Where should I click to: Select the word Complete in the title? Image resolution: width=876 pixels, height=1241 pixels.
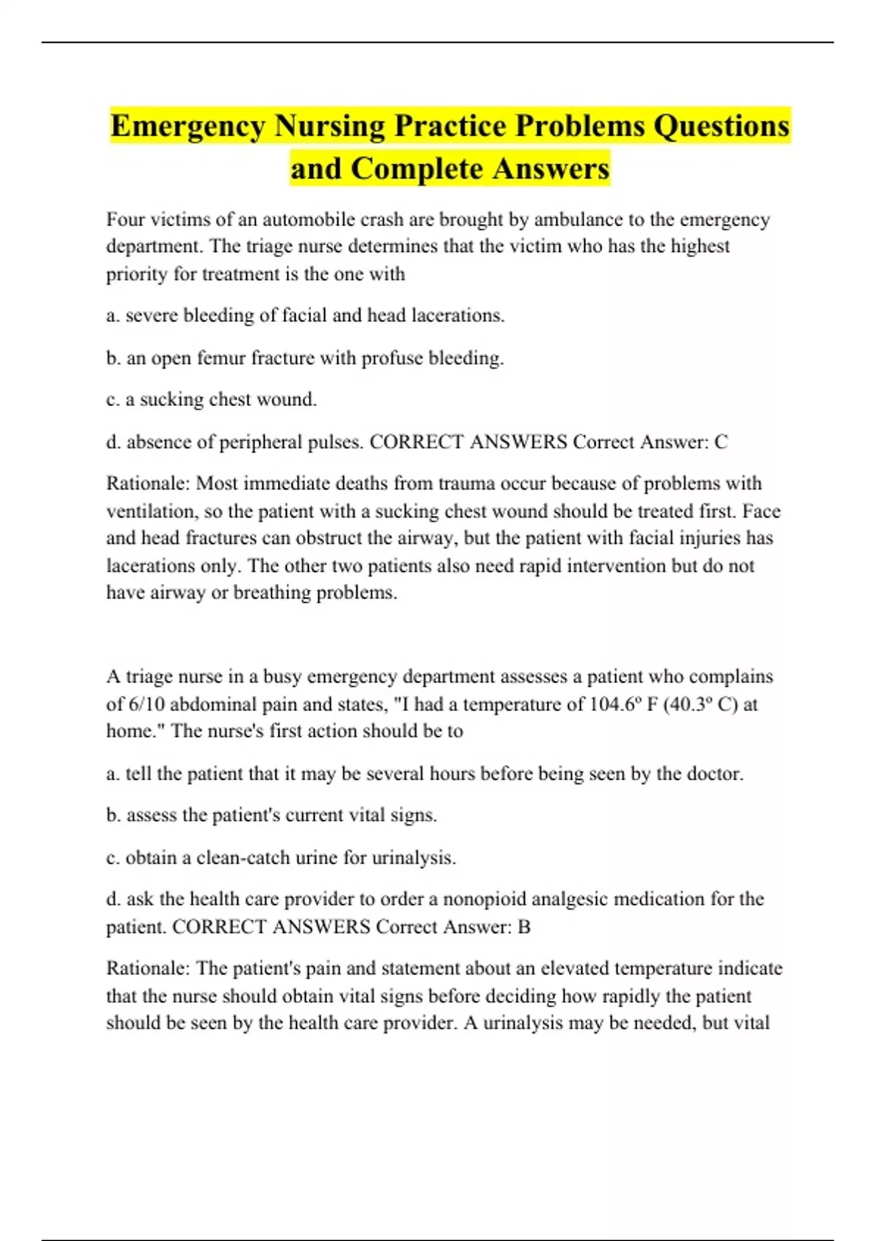pyautogui.click(x=416, y=169)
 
